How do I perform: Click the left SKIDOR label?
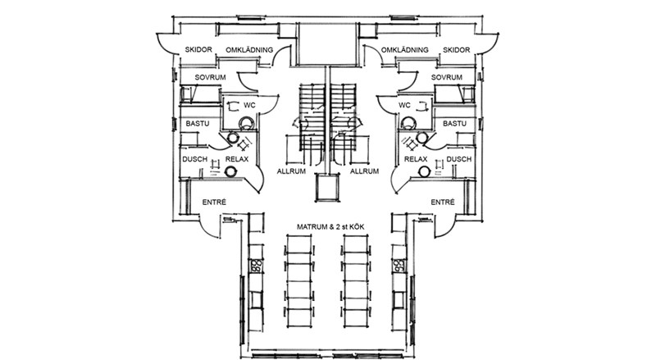[198, 49]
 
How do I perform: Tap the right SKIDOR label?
[457, 50]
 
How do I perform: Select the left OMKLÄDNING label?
[249, 50]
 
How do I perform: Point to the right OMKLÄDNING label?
[404, 50]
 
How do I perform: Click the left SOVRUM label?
[211, 77]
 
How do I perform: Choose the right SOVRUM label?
[447, 77]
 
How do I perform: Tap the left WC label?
[250, 106]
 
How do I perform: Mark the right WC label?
[404, 106]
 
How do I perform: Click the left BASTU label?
[198, 124]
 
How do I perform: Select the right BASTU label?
[455, 124]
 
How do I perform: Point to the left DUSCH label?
[195, 159]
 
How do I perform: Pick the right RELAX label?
[416, 159]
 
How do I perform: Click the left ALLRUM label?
[291, 171]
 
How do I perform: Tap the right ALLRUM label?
[364, 171]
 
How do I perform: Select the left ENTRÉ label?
[214, 203]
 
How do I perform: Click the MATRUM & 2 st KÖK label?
[330, 227]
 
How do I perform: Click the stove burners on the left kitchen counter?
[256, 266]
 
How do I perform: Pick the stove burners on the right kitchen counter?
[399, 266]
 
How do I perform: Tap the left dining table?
[298, 281]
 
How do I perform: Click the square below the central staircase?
[326, 188]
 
